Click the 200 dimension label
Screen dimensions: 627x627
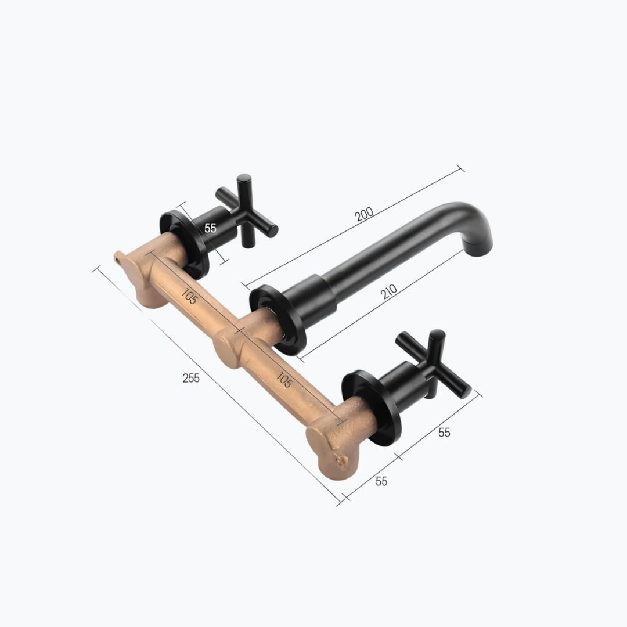tap(364, 214)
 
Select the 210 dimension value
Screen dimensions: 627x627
tap(388, 291)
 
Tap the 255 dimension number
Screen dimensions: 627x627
tap(191, 378)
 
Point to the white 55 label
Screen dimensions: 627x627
tap(210, 228)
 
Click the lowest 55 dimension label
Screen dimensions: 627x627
tap(381, 481)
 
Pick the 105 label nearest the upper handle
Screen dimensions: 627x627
tap(189, 296)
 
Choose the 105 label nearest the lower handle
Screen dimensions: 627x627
tap(283, 380)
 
